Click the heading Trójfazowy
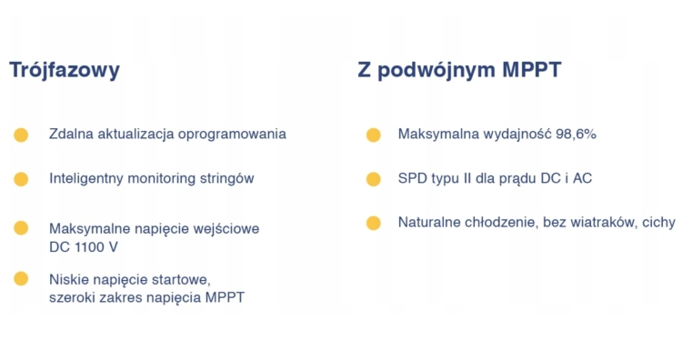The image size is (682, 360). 65,71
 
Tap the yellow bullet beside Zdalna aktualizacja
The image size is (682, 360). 21,135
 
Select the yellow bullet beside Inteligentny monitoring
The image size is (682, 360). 21,179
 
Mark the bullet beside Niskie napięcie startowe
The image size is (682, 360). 21,278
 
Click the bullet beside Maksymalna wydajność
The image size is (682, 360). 373,135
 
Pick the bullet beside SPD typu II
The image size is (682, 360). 373,179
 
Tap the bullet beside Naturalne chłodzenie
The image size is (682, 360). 373,223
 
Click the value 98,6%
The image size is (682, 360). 575,135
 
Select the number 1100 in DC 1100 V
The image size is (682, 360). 89,246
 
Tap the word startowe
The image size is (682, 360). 183,279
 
